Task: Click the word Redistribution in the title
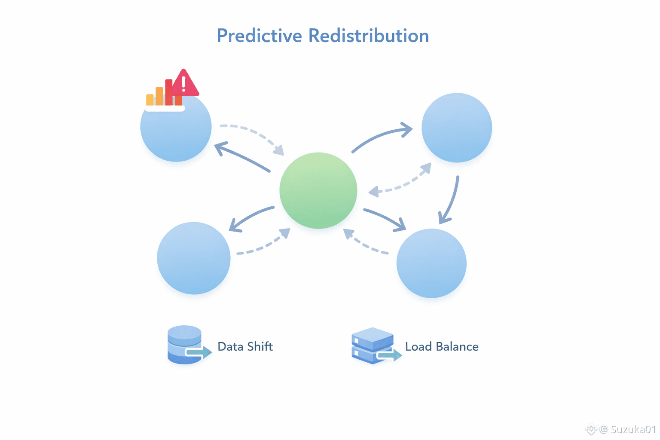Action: [x=369, y=36]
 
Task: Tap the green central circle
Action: [x=318, y=190]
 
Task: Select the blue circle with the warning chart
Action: [x=176, y=133]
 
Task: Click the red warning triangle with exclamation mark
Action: [x=185, y=83]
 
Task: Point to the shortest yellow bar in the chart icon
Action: [x=150, y=100]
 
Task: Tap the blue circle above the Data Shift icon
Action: [x=193, y=258]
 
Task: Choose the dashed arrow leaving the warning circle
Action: [x=254, y=135]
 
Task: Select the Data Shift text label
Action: [x=245, y=346]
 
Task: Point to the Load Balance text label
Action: [x=442, y=346]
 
